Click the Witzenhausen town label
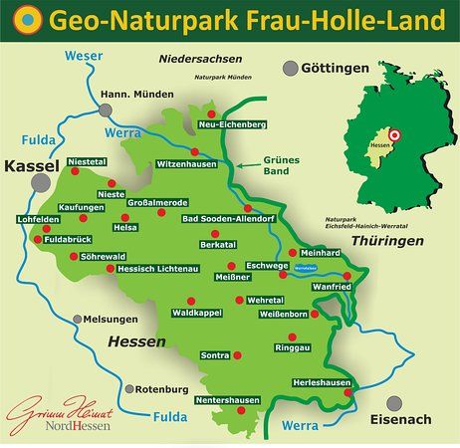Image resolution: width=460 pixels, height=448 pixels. click(x=186, y=164)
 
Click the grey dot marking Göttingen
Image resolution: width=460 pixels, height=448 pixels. click(x=290, y=69)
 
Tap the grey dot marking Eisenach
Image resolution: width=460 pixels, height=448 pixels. click(x=394, y=403)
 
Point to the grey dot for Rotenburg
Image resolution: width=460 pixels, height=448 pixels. click(x=126, y=388)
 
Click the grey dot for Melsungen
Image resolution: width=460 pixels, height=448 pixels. click(x=76, y=320)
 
